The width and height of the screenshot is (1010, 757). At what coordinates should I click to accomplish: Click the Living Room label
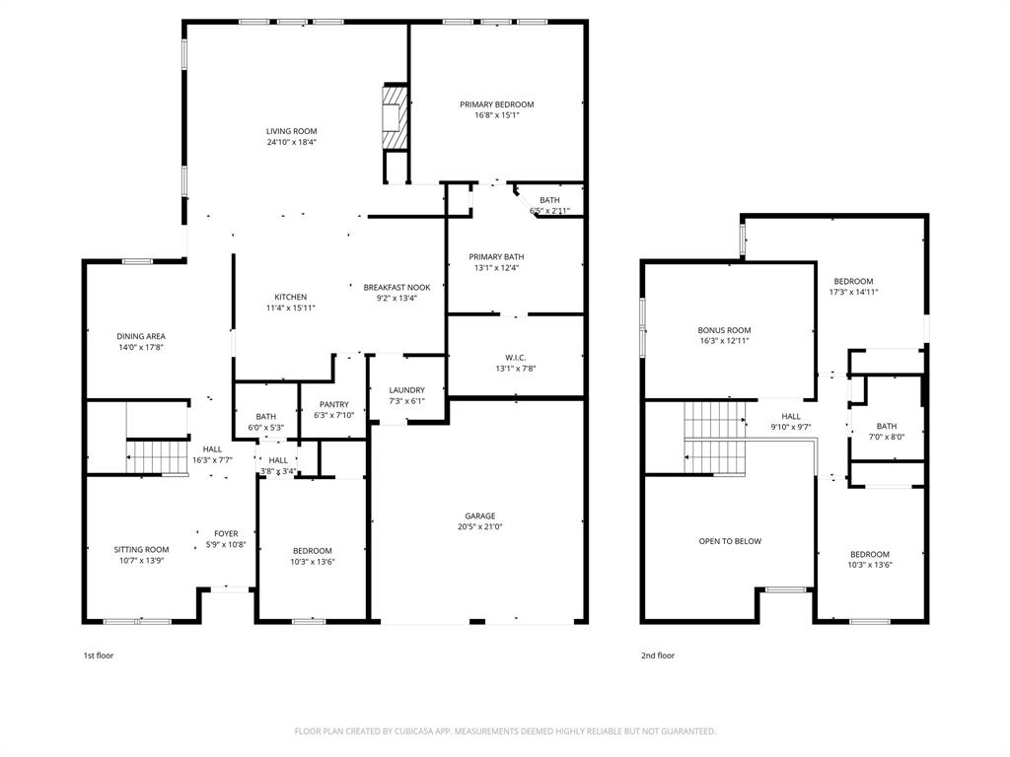[291, 131]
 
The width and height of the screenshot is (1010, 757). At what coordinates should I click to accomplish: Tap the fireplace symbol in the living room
[395, 117]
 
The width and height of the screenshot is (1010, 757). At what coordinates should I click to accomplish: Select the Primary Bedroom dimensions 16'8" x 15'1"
[496, 115]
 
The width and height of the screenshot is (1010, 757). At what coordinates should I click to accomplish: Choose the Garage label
[480, 516]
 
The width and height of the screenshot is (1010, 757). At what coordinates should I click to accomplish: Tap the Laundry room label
[406, 390]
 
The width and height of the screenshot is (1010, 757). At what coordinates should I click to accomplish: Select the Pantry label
[334, 404]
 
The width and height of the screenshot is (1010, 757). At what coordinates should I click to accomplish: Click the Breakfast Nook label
[397, 287]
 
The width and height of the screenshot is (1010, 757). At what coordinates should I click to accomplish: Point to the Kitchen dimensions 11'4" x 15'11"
[290, 308]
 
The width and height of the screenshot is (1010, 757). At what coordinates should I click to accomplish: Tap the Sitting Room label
[141, 549]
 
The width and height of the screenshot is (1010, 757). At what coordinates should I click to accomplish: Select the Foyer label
[226, 533]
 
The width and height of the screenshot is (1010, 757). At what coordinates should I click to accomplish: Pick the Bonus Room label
[725, 330]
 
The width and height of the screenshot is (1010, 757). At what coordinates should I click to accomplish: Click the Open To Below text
[730, 541]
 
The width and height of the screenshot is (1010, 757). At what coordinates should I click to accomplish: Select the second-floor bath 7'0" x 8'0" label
[886, 426]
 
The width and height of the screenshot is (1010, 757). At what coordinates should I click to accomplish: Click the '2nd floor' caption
[658, 655]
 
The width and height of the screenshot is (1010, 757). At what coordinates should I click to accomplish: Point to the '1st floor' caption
[98, 655]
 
